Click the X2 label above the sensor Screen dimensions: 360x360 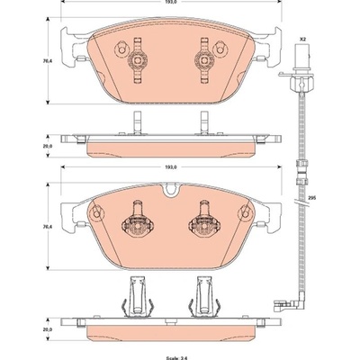click(x=302, y=39)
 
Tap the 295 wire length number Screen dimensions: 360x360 click(x=310, y=198)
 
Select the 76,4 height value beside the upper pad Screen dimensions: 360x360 click(x=43, y=59)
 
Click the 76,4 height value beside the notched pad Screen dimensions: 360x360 click(x=43, y=227)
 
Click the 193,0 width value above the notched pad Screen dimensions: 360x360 click(x=172, y=167)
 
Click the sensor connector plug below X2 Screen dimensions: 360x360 click(x=301, y=57)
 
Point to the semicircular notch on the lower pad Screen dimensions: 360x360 click(x=171, y=190)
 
